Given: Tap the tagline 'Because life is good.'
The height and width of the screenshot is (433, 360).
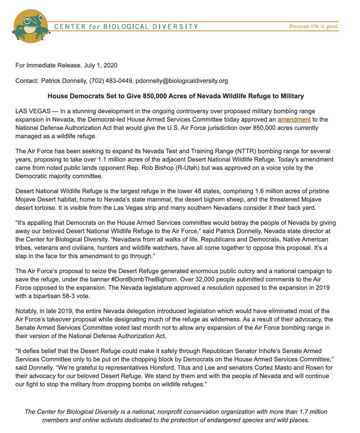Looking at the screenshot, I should (313, 26).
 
